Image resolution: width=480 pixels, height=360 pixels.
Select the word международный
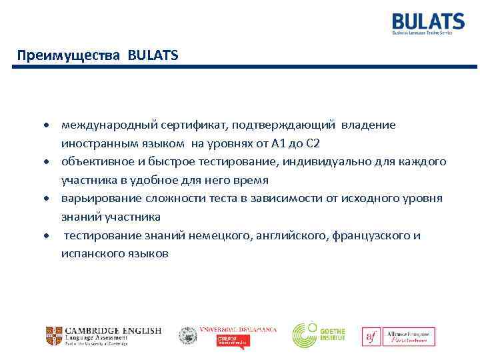pyautogui.click(x=103, y=125)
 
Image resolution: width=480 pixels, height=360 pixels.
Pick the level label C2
pyautogui.click(x=313, y=143)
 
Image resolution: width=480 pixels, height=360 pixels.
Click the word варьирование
pyautogui.click(x=96, y=199)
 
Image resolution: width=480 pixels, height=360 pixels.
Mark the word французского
pyautogui.click(x=365, y=236)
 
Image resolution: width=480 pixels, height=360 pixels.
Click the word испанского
pyautogui.click(x=92, y=254)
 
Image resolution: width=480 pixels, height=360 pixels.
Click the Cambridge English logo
pyautogui.click(x=103, y=335)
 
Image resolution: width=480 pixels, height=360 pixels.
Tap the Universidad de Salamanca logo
pyautogui.click(x=227, y=335)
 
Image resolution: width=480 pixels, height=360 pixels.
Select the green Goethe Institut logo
pyautogui.click(x=318, y=335)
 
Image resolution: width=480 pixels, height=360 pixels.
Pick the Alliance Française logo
pyautogui.click(x=399, y=336)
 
